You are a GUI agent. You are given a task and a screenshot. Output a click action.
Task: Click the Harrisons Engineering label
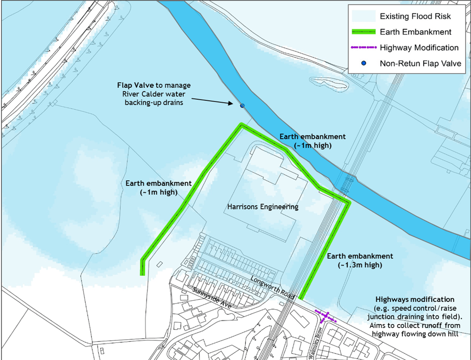[263, 207]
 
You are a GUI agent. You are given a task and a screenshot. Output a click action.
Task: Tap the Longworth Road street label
[272, 287]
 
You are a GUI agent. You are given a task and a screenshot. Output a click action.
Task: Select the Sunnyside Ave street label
[211, 298]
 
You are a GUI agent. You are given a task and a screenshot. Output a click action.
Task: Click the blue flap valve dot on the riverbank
[242, 106]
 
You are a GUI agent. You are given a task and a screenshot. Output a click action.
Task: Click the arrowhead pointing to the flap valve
[232, 103]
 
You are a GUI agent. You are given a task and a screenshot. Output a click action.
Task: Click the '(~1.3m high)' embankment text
[360, 265]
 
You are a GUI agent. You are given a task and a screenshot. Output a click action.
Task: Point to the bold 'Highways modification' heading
[415, 300]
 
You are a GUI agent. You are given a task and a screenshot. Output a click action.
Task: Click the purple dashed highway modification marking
[326, 315]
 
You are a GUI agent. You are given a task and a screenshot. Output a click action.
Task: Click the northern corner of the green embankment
[241, 124]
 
